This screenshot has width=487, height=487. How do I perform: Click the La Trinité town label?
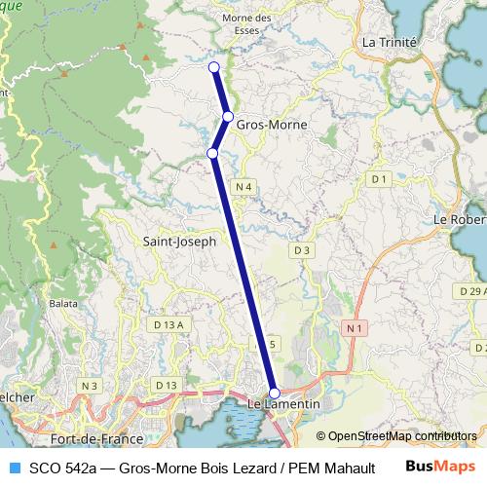tap(389, 43)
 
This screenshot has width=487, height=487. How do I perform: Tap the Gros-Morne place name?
tap(272, 126)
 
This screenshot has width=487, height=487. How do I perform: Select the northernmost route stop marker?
tap(214, 66)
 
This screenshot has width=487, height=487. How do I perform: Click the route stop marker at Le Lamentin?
tap(274, 392)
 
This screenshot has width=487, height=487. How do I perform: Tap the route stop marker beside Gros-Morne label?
tap(228, 117)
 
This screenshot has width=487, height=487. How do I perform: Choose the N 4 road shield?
tap(243, 186)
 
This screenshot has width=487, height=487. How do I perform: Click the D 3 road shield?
tap(302, 250)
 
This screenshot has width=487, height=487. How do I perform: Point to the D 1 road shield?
tap(379, 179)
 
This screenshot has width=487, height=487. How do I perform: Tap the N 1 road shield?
tap(356, 331)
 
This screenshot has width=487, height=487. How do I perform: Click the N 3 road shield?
tap(91, 387)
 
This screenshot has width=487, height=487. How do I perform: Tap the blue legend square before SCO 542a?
tap(13, 467)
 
